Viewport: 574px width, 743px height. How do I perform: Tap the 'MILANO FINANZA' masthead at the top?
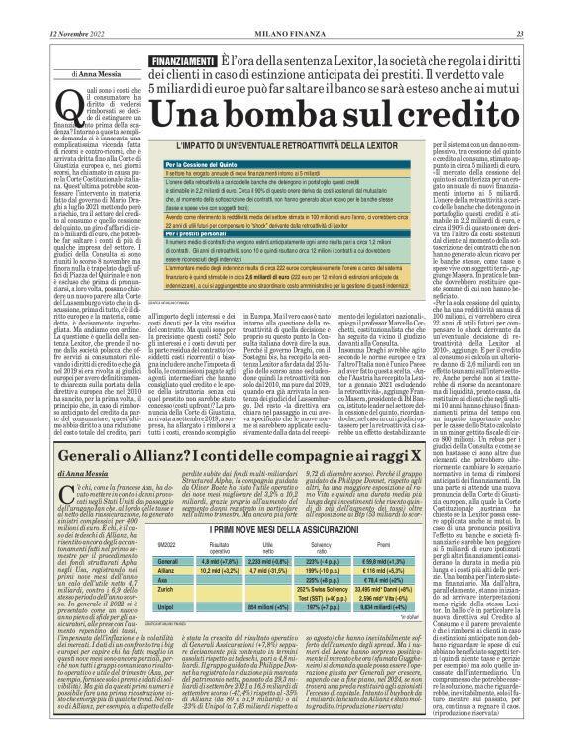tap(287, 9)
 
